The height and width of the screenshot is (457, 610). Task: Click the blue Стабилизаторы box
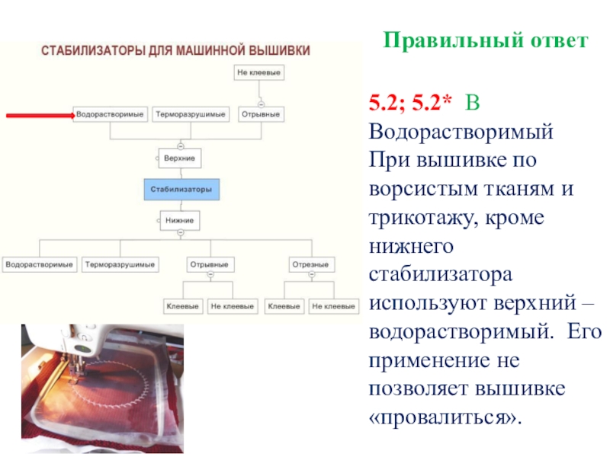click(x=181, y=188)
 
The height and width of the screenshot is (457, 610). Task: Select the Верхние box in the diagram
click(x=180, y=158)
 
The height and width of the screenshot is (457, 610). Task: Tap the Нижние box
click(x=180, y=221)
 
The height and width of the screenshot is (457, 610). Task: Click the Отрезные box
click(x=310, y=265)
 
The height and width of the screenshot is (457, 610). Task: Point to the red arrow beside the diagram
click(x=38, y=115)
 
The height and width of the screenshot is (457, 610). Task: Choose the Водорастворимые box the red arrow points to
click(x=111, y=115)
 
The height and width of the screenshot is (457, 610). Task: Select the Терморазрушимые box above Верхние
click(x=191, y=115)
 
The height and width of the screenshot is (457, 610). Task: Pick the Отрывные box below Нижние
click(x=210, y=265)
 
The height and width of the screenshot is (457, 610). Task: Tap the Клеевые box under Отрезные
click(x=284, y=306)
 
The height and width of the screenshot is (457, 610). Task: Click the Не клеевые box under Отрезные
click(x=334, y=306)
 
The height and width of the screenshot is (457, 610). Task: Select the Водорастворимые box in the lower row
click(x=40, y=265)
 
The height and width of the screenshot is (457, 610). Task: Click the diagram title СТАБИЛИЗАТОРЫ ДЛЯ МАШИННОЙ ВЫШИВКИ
click(x=175, y=51)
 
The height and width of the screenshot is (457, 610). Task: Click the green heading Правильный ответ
click(x=485, y=40)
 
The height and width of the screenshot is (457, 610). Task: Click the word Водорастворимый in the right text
click(x=460, y=130)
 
